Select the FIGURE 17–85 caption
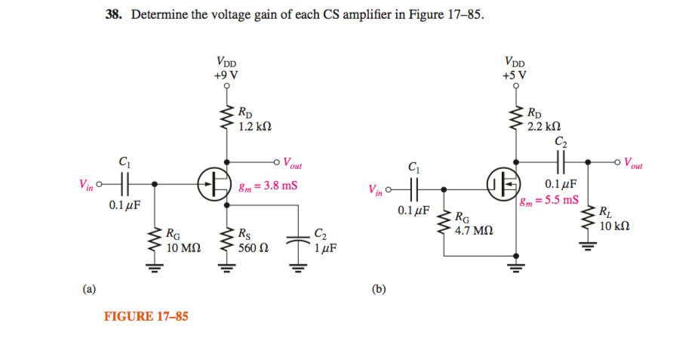point(146,316)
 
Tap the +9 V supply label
point(226,75)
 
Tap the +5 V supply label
point(515,75)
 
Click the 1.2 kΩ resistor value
point(254,127)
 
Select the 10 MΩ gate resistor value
point(182,247)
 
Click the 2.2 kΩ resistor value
point(543,126)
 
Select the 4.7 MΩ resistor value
point(473,229)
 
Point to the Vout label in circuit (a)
point(292,165)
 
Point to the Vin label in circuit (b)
point(375,190)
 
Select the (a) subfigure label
point(90,288)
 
